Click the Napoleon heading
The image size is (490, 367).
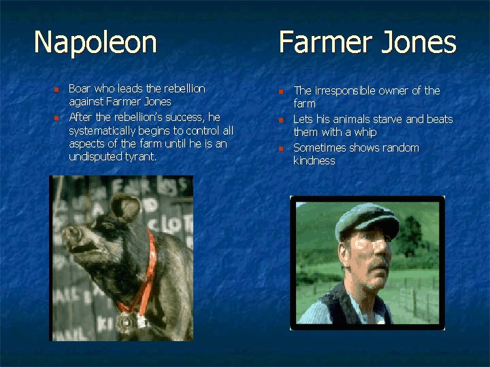[95, 42]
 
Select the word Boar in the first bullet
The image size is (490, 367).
[80, 89]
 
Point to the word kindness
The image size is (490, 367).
[314, 161]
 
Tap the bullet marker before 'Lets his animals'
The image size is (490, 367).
[282, 120]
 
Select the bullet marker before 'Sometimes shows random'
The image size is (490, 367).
[282, 149]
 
